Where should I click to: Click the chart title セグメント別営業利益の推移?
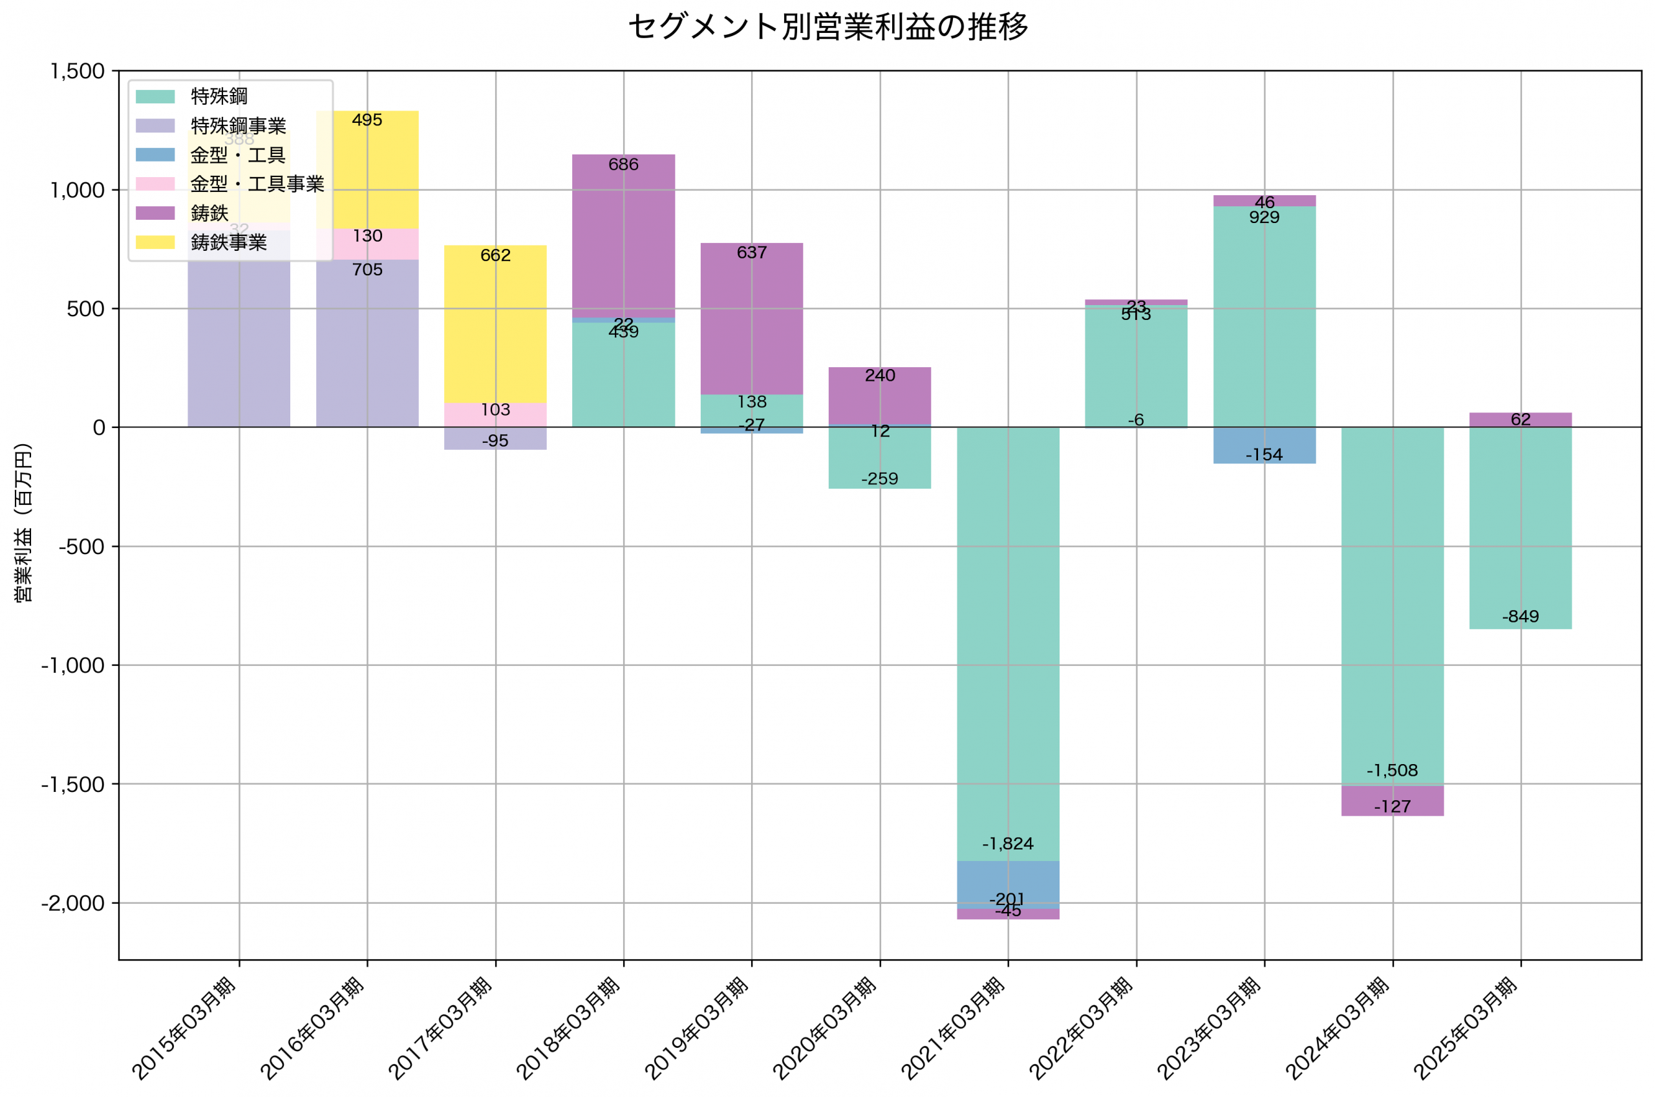827,27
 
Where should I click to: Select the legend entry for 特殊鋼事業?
238,126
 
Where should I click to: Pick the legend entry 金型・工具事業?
257,184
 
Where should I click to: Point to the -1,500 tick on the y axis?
73,784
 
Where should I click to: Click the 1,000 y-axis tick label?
77,190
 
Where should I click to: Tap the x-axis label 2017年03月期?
440,1028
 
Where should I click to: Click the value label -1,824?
1007,844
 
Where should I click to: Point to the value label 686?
623,164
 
